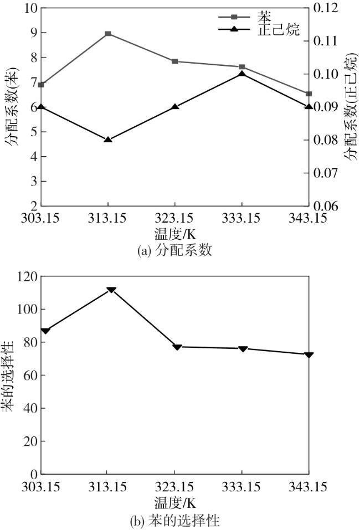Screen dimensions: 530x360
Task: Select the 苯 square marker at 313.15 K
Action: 108,34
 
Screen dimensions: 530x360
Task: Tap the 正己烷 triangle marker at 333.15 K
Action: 242,73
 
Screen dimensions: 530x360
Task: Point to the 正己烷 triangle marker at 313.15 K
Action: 108,139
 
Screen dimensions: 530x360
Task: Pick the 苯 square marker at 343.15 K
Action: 309,94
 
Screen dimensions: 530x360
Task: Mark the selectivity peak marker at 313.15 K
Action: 111,290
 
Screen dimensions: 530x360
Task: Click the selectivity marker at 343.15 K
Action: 309,354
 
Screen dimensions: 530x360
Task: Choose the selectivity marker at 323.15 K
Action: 177,347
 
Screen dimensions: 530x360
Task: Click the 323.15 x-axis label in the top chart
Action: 174,218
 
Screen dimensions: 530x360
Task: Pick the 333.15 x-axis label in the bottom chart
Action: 242,487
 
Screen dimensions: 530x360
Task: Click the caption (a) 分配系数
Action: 174,250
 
